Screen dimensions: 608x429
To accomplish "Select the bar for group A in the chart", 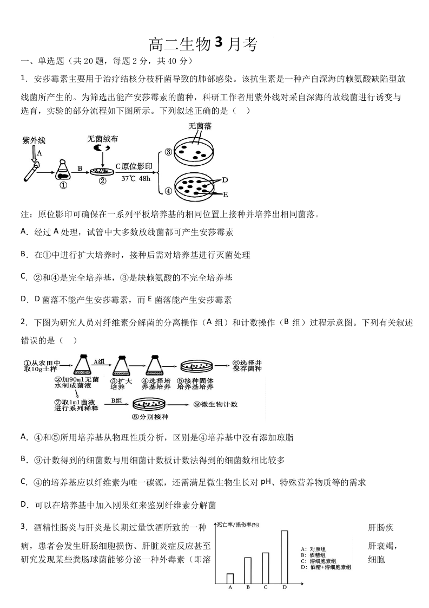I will (x=230, y=578).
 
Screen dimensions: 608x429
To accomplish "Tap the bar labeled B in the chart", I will (x=248, y=570).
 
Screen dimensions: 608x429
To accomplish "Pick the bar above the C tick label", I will (x=266, y=568).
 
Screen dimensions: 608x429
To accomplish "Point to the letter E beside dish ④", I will (x=225, y=194).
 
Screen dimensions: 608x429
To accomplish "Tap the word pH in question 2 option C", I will (x=265, y=482).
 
